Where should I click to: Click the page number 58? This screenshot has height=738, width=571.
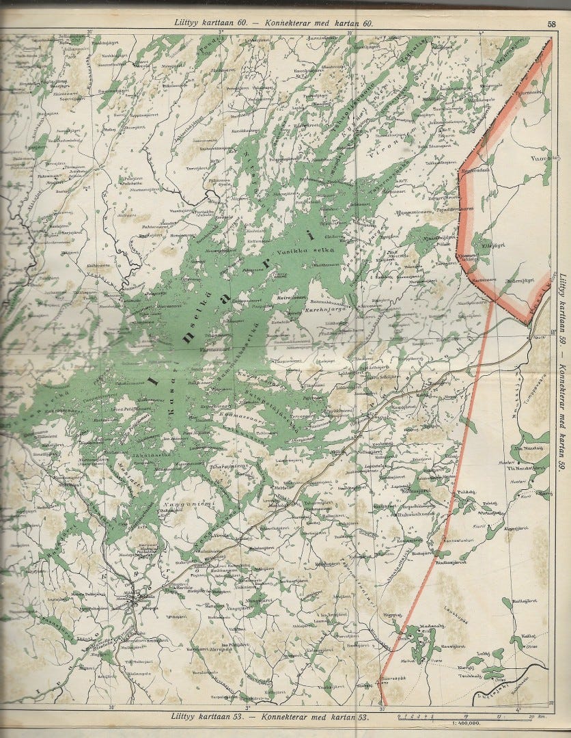(x=551, y=23)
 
